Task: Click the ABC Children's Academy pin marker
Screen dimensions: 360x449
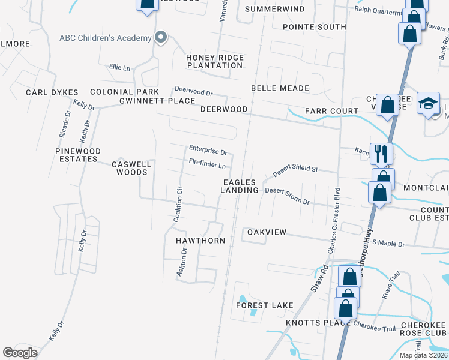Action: pos(160,38)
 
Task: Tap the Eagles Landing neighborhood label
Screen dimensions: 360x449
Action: pos(240,186)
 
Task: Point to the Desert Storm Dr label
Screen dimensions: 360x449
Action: pos(288,196)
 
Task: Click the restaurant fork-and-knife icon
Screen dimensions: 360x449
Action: pos(381,154)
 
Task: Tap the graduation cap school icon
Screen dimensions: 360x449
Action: pos(429,104)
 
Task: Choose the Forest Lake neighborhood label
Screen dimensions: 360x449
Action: pos(265,305)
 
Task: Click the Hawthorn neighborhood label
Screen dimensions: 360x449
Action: pos(200,241)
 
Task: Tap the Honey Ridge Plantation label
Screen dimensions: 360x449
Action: pos(214,61)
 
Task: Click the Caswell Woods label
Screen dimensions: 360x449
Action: pos(131,168)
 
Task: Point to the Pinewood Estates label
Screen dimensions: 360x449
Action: pos(77,155)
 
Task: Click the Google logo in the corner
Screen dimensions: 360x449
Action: pos(20,352)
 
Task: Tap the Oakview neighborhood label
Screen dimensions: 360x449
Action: pos(267,232)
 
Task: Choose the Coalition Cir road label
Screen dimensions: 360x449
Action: pos(178,204)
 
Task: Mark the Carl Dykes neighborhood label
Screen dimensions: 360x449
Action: pos(52,92)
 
